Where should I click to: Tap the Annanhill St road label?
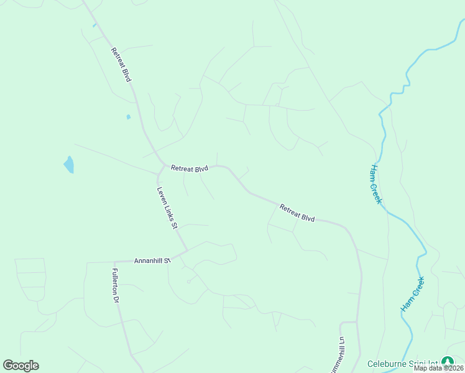152,261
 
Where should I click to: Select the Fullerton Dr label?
115,285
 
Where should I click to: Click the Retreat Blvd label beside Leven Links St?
190,168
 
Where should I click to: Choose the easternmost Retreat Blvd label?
297,213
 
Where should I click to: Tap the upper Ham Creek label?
375,185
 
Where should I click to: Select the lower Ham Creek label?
412,294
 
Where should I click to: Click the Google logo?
21,366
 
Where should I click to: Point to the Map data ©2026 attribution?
439,368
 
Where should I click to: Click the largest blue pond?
68,164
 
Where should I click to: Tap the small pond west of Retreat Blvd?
129,116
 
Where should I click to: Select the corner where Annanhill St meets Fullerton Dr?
116,262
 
